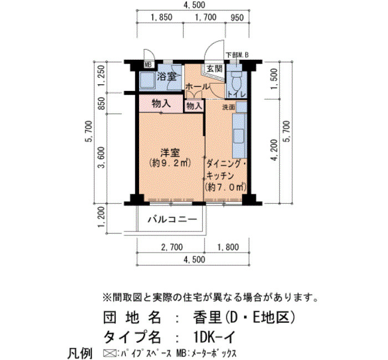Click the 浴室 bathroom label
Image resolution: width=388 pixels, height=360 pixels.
coord(167,76)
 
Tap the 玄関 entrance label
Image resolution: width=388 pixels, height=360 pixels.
coord(215,69)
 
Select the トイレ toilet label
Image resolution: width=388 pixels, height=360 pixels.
coord(237,95)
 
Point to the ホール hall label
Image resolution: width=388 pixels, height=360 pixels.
coord(197,87)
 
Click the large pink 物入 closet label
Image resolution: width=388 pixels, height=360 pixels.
coord(161,104)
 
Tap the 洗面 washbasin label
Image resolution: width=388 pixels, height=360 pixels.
coord(228,107)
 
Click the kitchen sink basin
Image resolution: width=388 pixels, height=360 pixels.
coord(238,136)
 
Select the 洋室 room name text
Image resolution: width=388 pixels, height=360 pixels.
coord(170,152)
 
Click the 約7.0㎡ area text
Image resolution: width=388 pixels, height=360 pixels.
coord(226,187)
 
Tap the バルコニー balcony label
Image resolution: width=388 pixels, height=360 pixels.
coord(172,219)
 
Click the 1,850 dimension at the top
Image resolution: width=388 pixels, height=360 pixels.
coord(161,18)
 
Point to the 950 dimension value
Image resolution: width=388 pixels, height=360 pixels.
coord(237,18)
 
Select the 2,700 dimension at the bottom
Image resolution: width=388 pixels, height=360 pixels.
coord(172,247)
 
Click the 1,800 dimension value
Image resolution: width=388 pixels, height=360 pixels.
coord(228,247)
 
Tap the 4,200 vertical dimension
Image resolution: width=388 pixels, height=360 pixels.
coord(274,150)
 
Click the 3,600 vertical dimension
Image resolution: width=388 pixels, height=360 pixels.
coord(101,157)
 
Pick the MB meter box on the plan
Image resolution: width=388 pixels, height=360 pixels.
coord(149,65)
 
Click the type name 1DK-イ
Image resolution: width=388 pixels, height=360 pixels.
coord(213,337)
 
